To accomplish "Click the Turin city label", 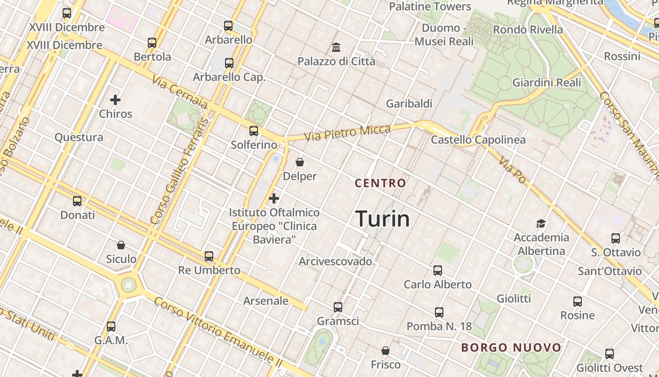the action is coord(382,219).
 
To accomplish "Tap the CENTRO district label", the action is coord(380,183).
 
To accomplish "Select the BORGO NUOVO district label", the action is coord(511,348).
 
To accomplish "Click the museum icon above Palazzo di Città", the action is coord(336,48).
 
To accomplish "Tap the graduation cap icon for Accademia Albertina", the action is coord(541,223).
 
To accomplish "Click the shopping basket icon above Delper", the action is coord(300,163).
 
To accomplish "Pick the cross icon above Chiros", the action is coord(115,100).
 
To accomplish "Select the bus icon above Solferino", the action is coord(254,131).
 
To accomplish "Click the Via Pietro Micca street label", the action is coord(347,133).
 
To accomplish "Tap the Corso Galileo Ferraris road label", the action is coord(179,172).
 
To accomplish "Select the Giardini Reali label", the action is coord(546,82).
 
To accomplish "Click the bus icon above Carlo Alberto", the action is coord(438,270).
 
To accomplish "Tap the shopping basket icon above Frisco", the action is coord(386,351).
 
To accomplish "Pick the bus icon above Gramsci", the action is coord(338,307).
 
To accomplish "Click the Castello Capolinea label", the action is coord(478,139).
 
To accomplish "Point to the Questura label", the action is coord(79,137).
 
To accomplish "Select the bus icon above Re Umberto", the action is coord(209,256).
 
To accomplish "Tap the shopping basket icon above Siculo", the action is coord(121,245).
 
